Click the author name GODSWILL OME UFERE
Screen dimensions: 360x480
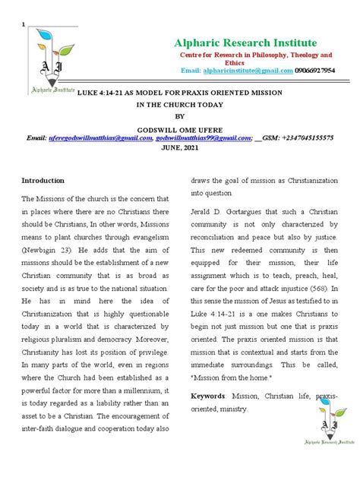pos(179,130)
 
